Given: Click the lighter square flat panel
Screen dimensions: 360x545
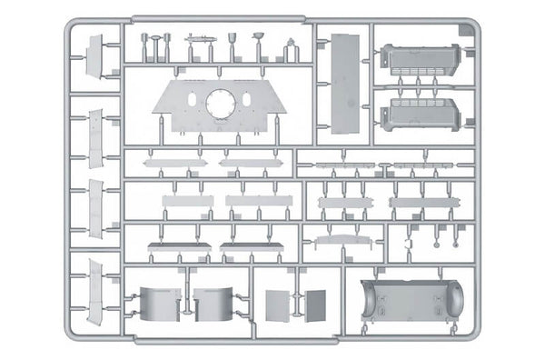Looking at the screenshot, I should coord(275,306).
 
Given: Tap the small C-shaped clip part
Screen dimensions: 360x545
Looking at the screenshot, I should coord(409,243).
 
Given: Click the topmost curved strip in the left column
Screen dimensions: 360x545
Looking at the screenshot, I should coord(96,55).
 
